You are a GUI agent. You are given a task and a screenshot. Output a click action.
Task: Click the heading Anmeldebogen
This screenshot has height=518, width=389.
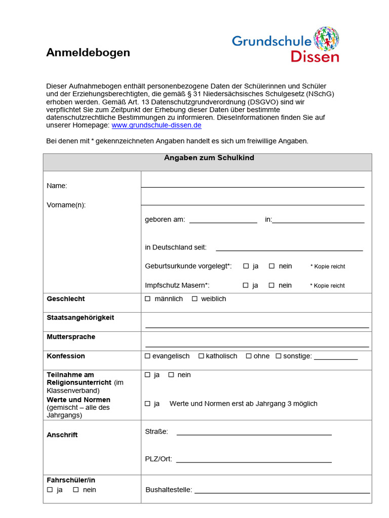coord(88,53)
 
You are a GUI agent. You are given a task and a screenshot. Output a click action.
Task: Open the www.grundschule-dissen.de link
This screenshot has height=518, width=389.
coord(157,125)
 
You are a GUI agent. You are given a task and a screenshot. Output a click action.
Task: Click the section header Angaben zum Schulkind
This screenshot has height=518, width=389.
coord(209,158)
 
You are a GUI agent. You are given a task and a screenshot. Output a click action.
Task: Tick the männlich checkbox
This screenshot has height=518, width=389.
coord(148,299)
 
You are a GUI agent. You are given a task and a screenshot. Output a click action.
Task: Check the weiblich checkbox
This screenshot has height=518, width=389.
coord(194,299)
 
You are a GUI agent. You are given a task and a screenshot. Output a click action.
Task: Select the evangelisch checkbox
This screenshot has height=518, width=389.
coord(148,356)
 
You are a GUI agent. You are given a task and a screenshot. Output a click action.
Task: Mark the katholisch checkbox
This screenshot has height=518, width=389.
coord(201,356)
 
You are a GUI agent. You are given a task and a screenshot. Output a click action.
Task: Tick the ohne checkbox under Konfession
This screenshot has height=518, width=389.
coord(249,356)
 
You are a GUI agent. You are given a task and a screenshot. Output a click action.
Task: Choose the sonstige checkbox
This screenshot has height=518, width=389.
coord(279,356)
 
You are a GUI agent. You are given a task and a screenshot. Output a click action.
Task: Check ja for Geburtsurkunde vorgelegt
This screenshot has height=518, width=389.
coord(246,266)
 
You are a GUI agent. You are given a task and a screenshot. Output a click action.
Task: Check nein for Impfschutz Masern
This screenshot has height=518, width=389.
coord(271,285)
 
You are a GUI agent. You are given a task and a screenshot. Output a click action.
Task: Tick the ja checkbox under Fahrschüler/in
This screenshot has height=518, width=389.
coord(50,490)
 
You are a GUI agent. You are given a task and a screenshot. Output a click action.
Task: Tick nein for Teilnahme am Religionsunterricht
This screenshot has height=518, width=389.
coord(171,375)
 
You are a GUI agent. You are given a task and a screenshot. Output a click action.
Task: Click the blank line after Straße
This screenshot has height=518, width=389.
coord(254,433)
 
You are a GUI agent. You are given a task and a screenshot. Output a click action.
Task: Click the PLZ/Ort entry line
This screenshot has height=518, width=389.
coord(254,460)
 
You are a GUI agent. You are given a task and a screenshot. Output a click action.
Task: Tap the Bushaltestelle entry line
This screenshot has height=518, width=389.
coord(282,491)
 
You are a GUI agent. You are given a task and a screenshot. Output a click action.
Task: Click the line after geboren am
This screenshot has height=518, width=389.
coord(223,221)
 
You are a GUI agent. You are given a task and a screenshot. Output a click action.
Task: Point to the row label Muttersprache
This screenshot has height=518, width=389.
coord(71,337)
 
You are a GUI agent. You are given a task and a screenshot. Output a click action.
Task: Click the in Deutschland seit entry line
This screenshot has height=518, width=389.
coord(289,249)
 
